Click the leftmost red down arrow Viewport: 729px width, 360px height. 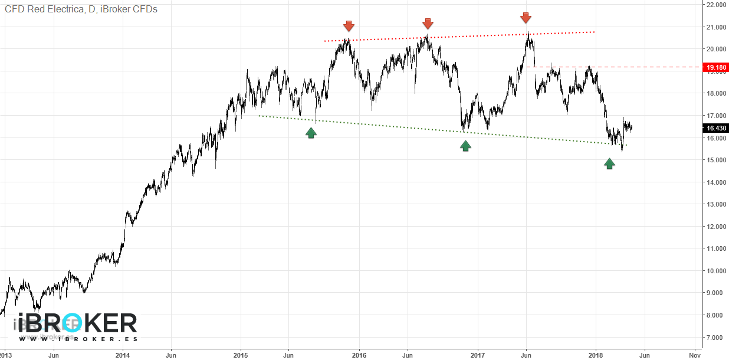pos(349,26)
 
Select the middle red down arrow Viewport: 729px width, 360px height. pos(428,24)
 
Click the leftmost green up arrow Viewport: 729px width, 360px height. pos(311,132)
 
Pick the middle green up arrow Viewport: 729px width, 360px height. pos(465,145)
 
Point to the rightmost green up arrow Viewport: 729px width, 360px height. pos(609,163)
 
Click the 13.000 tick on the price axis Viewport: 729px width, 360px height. pos(715,204)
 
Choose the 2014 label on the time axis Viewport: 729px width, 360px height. pos(123,355)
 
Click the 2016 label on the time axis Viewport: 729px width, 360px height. pos(359,355)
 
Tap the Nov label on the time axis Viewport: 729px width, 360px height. pos(694,355)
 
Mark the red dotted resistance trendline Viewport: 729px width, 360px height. pos(460,36)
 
